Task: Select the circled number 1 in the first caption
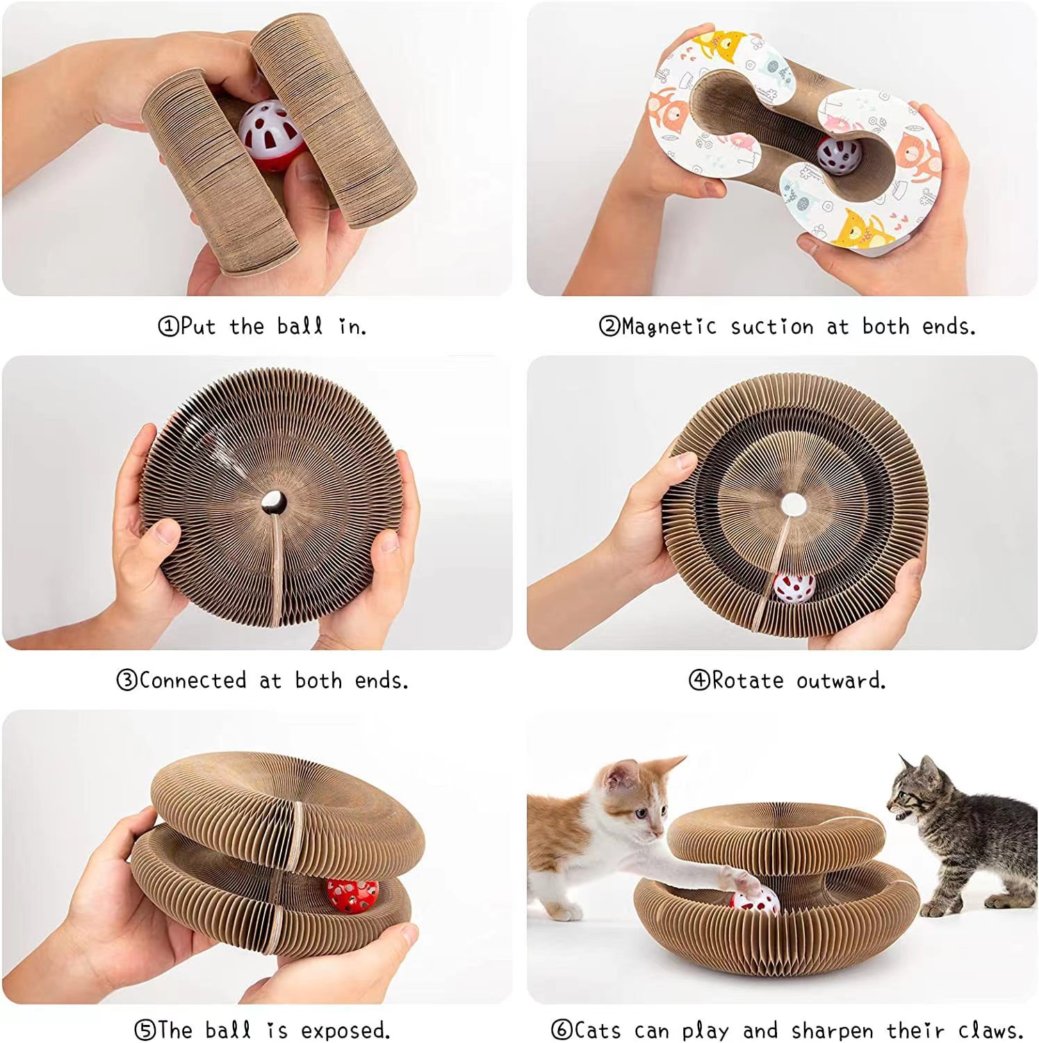(x=168, y=326)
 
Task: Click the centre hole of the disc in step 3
(x=273, y=501)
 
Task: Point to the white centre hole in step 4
(x=793, y=504)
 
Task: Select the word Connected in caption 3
(x=193, y=680)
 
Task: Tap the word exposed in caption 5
(x=345, y=1030)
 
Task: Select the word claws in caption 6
(x=989, y=1030)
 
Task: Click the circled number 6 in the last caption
(x=562, y=1030)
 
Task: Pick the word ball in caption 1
(x=300, y=326)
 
